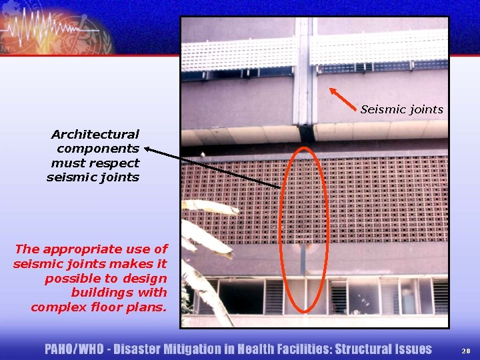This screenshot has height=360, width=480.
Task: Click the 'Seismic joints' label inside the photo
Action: (401, 109)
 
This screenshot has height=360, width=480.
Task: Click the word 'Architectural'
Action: (95, 135)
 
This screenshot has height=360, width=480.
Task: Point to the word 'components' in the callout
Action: (98, 149)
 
